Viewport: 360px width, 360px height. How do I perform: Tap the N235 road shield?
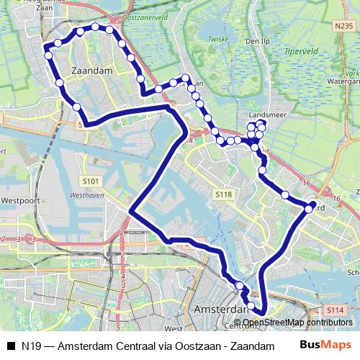(x=343, y=24)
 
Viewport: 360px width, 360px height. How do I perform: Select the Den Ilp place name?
(x=256, y=42)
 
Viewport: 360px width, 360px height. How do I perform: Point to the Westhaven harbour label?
(x=88, y=195)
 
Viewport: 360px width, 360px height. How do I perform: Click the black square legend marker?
(x=11, y=346)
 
